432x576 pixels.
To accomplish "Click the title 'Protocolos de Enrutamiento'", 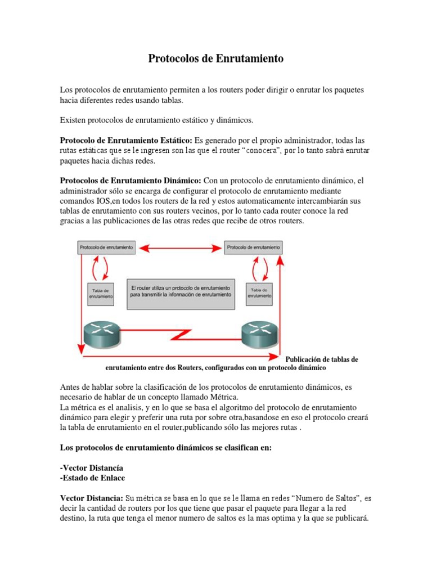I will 216,58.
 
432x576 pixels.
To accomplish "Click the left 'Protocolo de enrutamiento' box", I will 106,247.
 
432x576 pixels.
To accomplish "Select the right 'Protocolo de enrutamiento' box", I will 254,247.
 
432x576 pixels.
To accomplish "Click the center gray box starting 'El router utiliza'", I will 180,292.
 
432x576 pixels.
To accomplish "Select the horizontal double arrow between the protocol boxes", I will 180,247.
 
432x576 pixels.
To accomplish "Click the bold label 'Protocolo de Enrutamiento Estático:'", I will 126,140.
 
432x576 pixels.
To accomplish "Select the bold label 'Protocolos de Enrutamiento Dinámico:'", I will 130,181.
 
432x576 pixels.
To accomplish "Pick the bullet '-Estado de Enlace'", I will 92,478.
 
